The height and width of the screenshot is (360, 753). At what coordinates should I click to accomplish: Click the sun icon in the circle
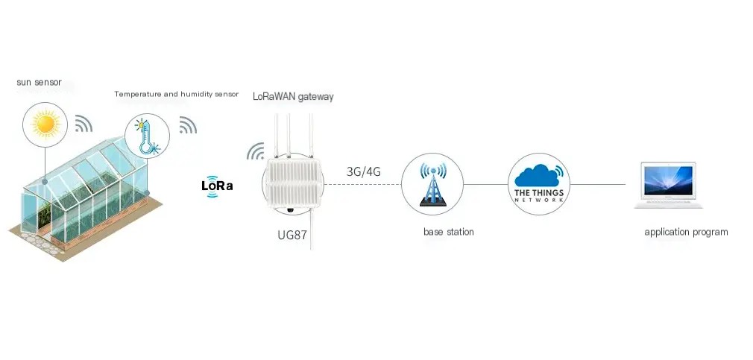[45, 124]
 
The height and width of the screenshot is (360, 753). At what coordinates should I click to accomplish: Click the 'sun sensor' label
[39, 82]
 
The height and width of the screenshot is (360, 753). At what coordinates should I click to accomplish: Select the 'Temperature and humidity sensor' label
[176, 94]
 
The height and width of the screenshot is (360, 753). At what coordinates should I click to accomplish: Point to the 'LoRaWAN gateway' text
[293, 96]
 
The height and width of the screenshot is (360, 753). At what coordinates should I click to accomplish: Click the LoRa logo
[217, 186]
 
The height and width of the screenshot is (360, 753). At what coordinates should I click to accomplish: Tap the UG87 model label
[292, 236]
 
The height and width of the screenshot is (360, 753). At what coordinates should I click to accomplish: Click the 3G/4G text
[364, 171]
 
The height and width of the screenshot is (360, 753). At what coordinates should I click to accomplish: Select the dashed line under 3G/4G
[362, 184]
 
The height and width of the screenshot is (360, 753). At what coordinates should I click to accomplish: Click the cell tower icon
[432, 185]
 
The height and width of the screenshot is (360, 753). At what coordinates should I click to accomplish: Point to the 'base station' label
[449, 232]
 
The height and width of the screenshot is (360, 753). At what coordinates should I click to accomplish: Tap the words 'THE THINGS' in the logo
[539, 193]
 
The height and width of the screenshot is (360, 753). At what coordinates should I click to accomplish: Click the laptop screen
[669, 180]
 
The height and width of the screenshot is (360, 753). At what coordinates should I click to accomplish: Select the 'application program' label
[686, 233]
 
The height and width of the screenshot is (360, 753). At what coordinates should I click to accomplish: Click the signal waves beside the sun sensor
[83, 124]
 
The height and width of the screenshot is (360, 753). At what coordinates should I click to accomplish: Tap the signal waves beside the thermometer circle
[188, 124]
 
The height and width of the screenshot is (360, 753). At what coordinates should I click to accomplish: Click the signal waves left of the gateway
[256, 151]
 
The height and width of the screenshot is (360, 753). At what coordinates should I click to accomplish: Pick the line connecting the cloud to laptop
[597, 184]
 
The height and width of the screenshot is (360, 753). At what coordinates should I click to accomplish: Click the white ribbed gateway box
[293, 183]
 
